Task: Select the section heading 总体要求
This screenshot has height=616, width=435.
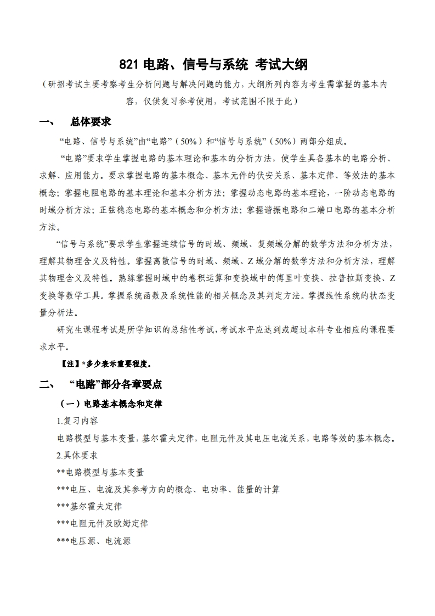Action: click(x=91, y=122)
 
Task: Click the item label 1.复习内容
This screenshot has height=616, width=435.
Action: click(x=77, y=421)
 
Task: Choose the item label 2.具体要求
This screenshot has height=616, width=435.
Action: click(x=77, y=455)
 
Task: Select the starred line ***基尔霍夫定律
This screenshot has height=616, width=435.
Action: click(x=89, y=506)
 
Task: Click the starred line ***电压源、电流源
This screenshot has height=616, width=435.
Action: click(x=93, y=540)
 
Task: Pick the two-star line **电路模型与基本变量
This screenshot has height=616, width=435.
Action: click(x=100, y=472)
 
